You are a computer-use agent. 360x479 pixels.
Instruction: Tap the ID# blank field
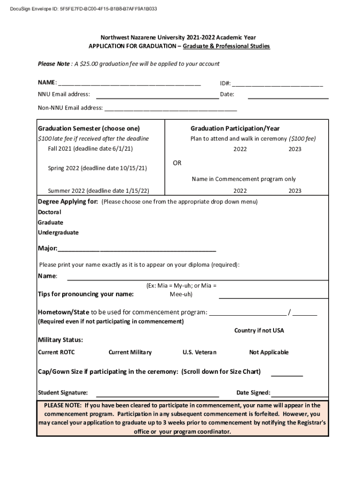(277, 85)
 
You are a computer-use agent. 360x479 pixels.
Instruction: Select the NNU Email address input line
(158, 97)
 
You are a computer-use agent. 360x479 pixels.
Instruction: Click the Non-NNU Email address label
(70, 108)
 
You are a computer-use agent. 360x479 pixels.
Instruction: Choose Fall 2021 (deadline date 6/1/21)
(90, 149)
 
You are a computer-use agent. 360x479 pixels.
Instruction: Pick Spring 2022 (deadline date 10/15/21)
(97, 168)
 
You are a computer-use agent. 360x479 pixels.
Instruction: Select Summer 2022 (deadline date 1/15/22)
(99, 190)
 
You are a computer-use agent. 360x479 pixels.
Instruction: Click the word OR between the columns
(177, 163)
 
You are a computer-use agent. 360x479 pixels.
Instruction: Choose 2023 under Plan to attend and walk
(295, 149)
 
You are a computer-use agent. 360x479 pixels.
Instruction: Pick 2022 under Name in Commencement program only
(240, 191)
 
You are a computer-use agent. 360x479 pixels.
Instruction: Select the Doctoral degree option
(50, 212)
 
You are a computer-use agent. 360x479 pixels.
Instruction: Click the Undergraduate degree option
(58, 232)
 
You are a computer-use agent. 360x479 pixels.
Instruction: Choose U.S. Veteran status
(199, 352)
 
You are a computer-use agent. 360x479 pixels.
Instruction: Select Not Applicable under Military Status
(269, 352)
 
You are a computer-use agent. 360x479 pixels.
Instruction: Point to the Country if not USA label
(259, 331)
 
